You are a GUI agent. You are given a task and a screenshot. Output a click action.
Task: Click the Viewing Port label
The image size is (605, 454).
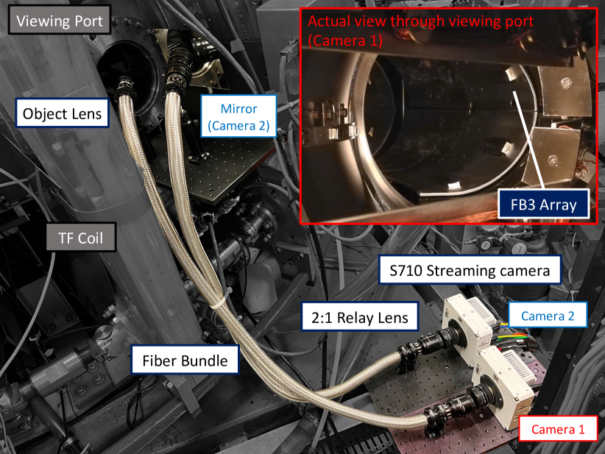pos(60,20)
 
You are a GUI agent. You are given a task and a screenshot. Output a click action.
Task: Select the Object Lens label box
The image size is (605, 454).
pos(62,113)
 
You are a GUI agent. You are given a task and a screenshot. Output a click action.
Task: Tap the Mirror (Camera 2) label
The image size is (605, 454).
pos(239,116)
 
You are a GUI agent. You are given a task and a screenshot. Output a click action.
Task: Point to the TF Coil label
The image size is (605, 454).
pos(81,237)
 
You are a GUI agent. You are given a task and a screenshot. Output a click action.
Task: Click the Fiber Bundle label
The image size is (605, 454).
pos(185,360)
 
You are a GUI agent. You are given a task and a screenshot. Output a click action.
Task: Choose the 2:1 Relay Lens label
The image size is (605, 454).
pos(360,316)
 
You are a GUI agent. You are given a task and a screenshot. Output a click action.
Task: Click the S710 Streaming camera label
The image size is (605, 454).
pos(470,270)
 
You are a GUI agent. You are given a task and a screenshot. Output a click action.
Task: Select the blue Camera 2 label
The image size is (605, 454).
pos(548,316)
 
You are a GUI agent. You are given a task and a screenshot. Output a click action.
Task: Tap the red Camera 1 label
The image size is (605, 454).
pos(558,428)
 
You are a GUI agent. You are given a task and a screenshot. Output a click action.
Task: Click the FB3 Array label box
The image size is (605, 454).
pos(543,204)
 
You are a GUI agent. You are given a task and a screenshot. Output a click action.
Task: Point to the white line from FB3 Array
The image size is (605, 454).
pos(528,141)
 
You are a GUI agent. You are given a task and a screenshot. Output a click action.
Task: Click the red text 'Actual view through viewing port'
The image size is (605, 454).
pos(420,21)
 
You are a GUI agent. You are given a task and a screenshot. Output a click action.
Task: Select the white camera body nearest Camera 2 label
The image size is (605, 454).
pos(467,324)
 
